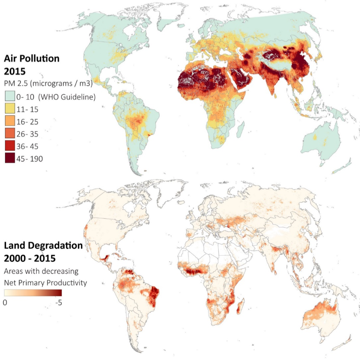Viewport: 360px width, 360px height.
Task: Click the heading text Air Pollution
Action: [x=32, y=58]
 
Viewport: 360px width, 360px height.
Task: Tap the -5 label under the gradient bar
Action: [x=58, y=302]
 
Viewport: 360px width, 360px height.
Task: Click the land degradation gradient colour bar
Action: [x=33, y=293]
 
